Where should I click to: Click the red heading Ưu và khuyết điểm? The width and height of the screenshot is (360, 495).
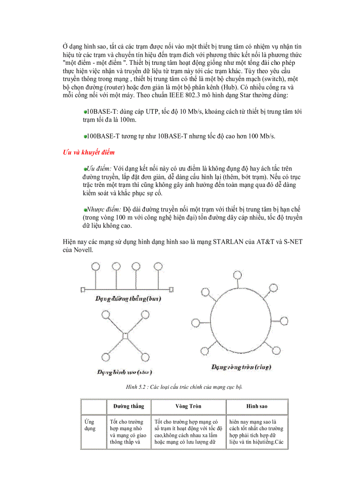[x=88, y=153]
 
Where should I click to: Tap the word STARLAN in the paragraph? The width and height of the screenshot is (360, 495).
[x=228, y=242]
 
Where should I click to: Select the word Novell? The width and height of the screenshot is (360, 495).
[x=83, y=250]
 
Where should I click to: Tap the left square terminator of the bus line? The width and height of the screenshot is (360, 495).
[x=83, y=290]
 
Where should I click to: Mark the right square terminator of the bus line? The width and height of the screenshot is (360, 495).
[x=170, y=290]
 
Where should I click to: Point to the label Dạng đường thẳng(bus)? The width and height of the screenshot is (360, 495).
[x=128, y=299]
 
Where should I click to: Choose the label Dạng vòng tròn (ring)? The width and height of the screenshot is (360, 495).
[x=241, y=367]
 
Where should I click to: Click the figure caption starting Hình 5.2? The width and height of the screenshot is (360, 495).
[x=184, y=387]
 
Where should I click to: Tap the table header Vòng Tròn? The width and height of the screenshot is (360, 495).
[x=188, y=406]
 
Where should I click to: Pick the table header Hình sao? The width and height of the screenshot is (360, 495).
[x=256, y=406]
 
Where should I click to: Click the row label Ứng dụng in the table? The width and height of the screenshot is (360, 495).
[x=90, y=425]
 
